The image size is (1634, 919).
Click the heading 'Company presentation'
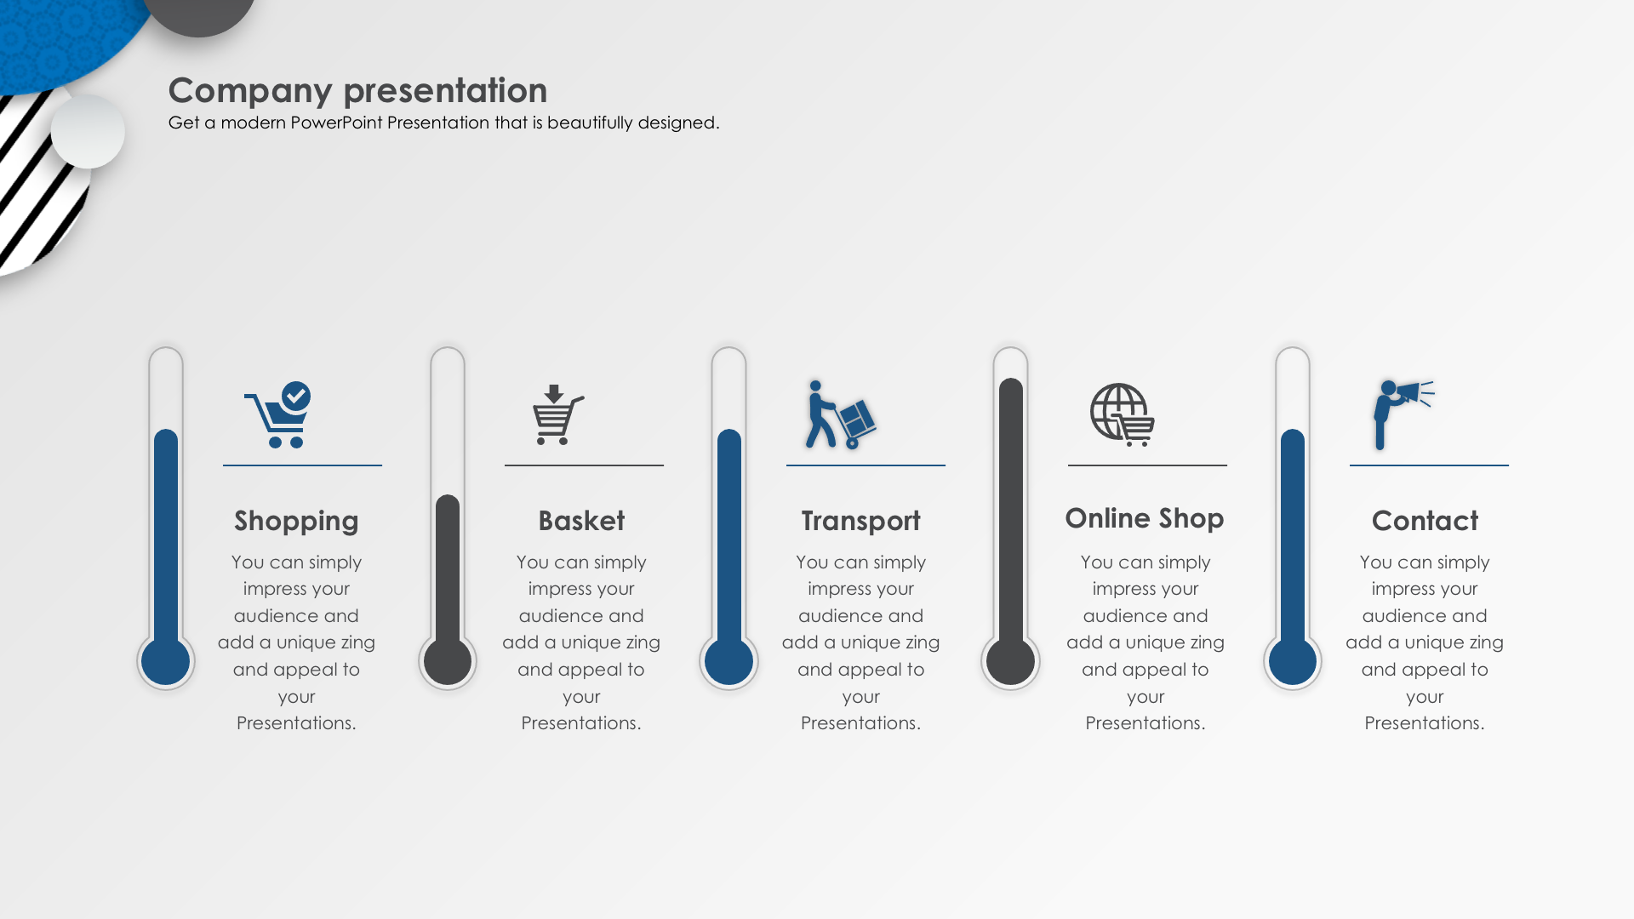357,91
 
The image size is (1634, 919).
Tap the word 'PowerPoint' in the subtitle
337,123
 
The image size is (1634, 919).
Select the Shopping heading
296,521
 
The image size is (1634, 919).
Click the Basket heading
581,520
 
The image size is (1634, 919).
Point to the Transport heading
860,521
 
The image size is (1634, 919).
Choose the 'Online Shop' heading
1145,518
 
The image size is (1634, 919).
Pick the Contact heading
1425,520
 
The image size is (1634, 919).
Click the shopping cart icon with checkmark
277,414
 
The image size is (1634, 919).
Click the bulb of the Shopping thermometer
166,660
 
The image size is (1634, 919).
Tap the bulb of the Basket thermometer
448,660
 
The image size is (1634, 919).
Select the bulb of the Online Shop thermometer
1011,660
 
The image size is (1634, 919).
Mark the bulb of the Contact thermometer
1293,660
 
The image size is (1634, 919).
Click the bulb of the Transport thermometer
729,660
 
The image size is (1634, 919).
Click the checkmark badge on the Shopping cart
296,396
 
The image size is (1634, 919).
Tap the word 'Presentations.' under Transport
860,723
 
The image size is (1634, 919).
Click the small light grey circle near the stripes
88,132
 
